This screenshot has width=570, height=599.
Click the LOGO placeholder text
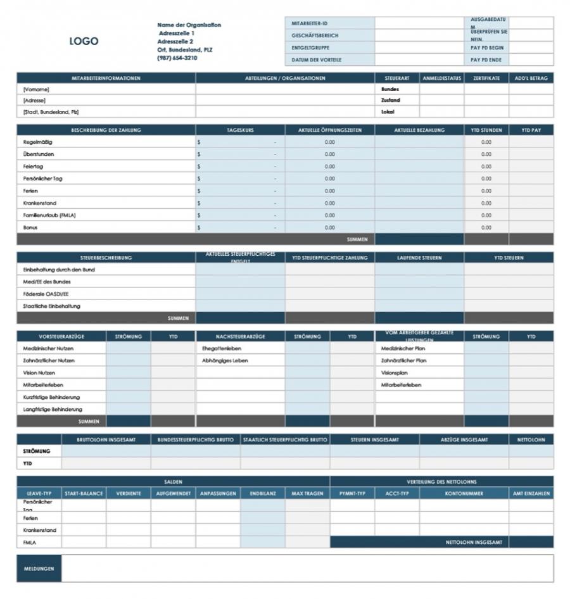coord(84,41)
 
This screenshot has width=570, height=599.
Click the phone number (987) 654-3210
coord(177,58)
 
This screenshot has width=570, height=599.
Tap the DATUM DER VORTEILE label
coord(316,60)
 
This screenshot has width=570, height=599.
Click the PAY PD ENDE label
coord(486,60)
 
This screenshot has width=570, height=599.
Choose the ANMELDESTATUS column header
coord(441,78)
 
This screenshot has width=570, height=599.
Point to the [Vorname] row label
coord(36,89)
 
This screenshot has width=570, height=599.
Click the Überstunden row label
coord(39,154)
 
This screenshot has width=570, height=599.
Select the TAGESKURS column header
coord(240,130)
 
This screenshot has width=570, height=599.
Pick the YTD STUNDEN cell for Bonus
coord(486,227)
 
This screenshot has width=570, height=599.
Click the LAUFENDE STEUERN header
coord(419,258)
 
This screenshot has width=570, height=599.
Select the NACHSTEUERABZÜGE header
coord(240,336)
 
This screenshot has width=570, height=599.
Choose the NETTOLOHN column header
coord(531,439)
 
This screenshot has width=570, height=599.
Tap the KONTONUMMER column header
coord(464,493)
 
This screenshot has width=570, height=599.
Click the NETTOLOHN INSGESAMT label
coord(474,542)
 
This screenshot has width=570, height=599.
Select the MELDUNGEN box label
coord(39,568)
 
